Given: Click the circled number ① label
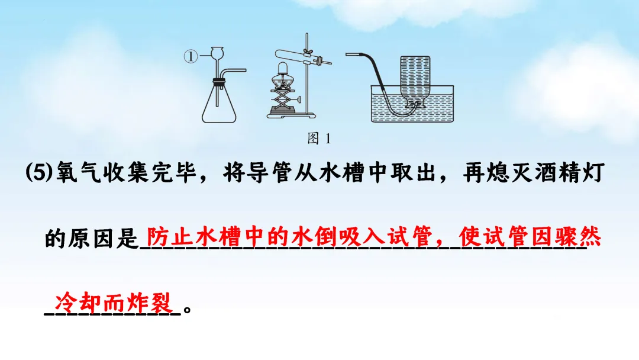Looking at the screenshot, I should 190,57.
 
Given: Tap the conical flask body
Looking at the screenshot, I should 222,107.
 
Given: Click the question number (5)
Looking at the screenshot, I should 39,175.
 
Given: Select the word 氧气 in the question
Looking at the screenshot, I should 73,175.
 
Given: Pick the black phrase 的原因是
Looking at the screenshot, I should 91,240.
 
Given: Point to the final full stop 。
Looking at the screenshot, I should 188,309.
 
